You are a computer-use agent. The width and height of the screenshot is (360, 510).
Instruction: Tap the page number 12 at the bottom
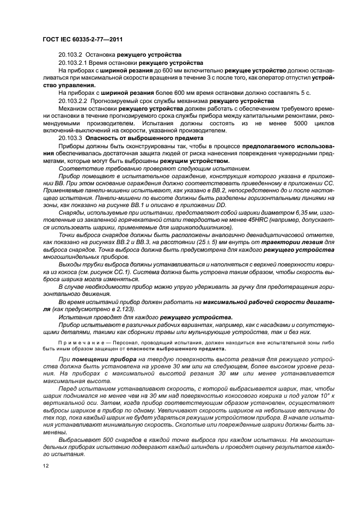point(46,466)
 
